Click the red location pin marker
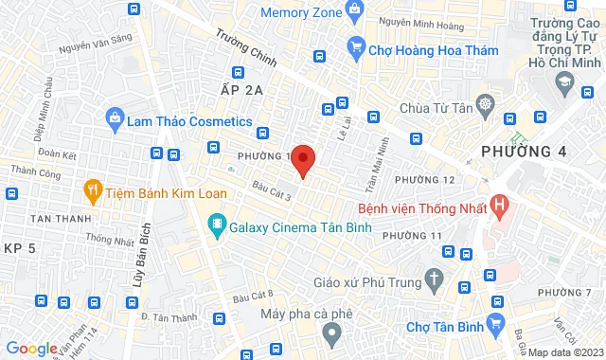pyautogui.click(x=303, y=161)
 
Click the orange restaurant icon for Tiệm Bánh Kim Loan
pyautogui.click(x=93, y=189)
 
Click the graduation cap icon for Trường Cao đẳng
pyautogui.click(x=565, y=81)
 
